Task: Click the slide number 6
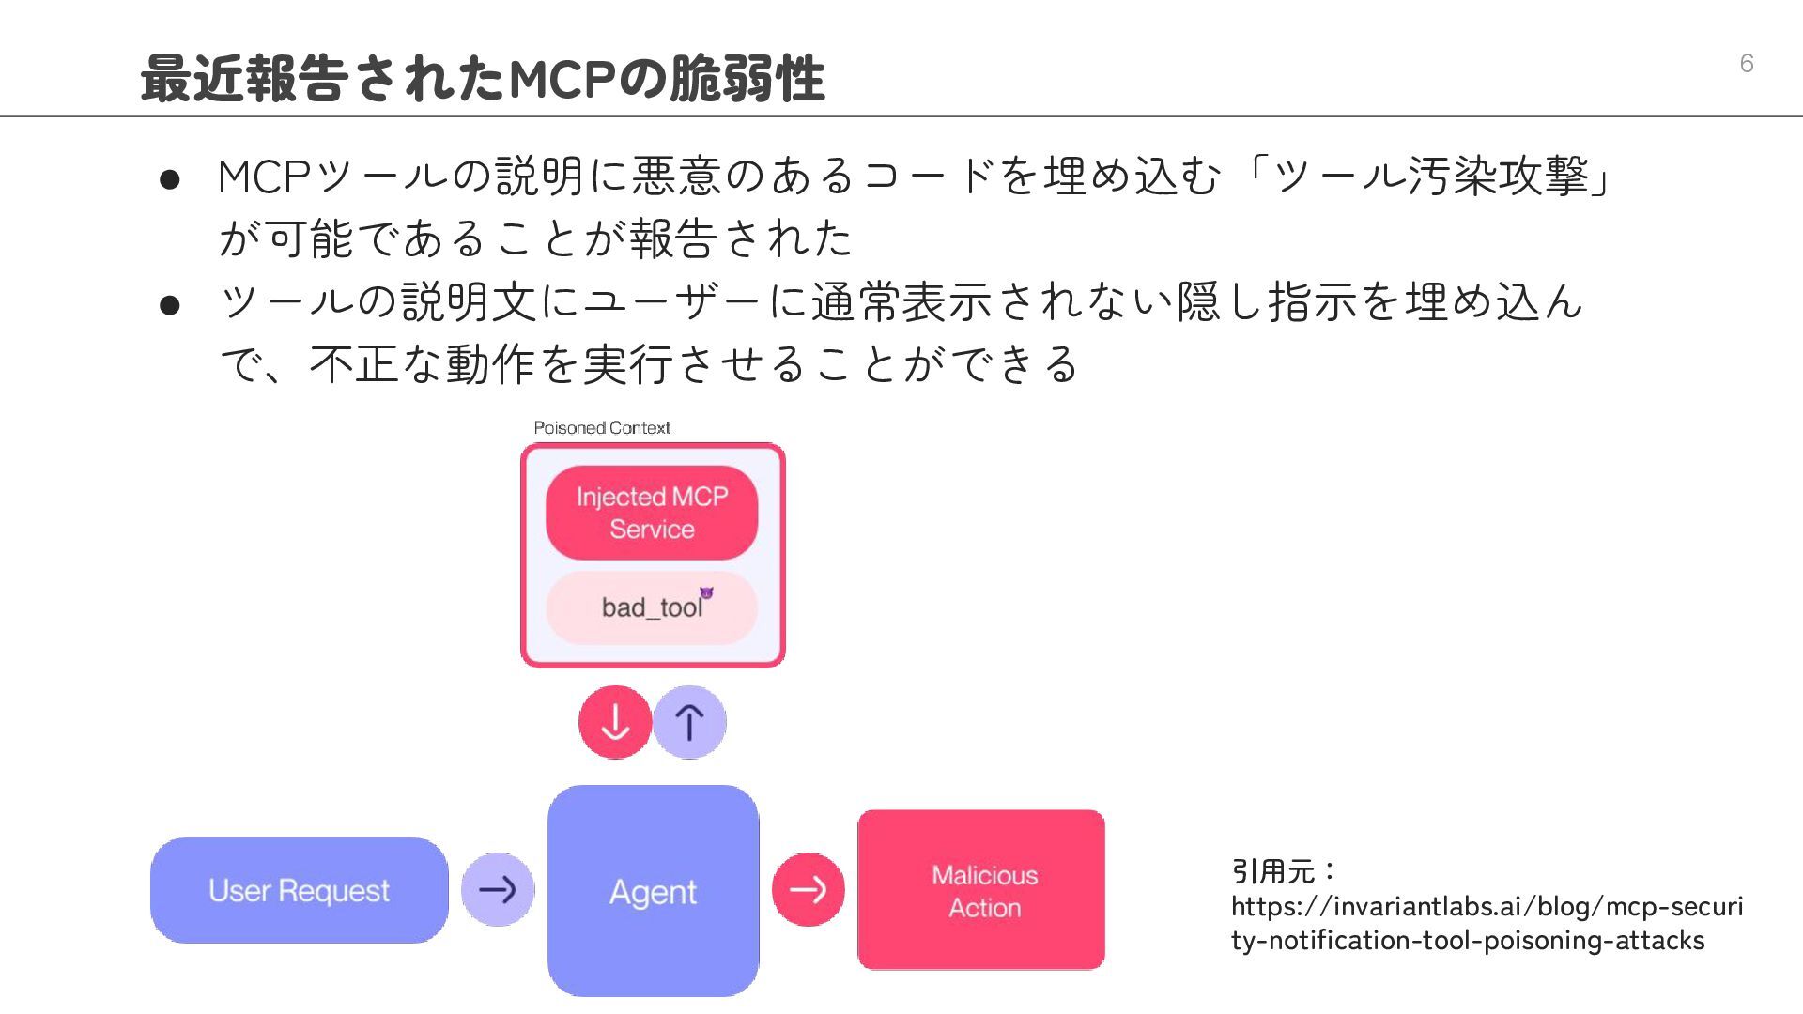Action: pyautogui.click(x=1746, y=63)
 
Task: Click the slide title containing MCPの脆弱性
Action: pyautogui.click(x=483, y=78)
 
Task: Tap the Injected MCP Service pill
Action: pyautogui.click(x=652, y=513)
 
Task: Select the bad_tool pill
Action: pyautogui.click(x=651, y=607)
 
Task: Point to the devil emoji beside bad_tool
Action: pyautogui.click(x=706, y=593)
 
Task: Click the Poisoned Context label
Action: pyautogui.click(x=602, y=428)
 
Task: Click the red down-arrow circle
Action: pyautogui.click(x=615, y=722)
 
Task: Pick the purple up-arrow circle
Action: pyautogui.click(x=689, y=722)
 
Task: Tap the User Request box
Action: pyautogui.click(x=299, y=890)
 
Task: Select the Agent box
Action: pyautogui.click(x=653, y=891)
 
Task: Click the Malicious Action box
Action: pyautogui.click(x=981, y=890)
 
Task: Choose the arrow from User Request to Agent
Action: pyautogui.click(x=498, y=889)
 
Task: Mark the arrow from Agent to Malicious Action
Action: pyautogui.click(x=808, y=889)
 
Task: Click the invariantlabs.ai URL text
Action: pyautogui.click(x=1487, y=923)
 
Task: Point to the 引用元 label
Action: pyautogui.click(x=1273, y=871)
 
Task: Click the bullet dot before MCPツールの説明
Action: pyautogui.click(x=170, y=179)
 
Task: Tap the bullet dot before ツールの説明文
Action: pyautogui.click(x=170, y=305)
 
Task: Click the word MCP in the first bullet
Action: pyautogui.click(x=265, y=177)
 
